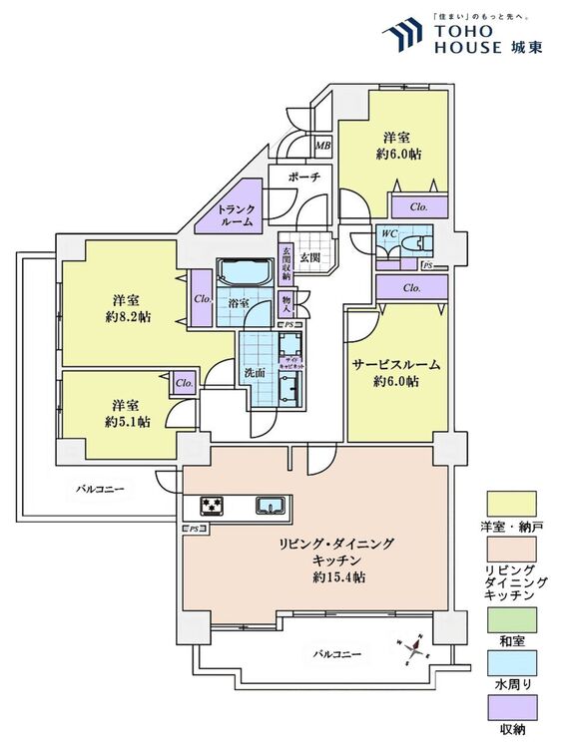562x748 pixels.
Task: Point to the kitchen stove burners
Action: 213,506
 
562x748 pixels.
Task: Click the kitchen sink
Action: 270,505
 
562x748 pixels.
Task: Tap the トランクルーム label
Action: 238,215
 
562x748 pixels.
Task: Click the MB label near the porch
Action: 322,147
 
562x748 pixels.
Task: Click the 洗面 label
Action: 254,373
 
